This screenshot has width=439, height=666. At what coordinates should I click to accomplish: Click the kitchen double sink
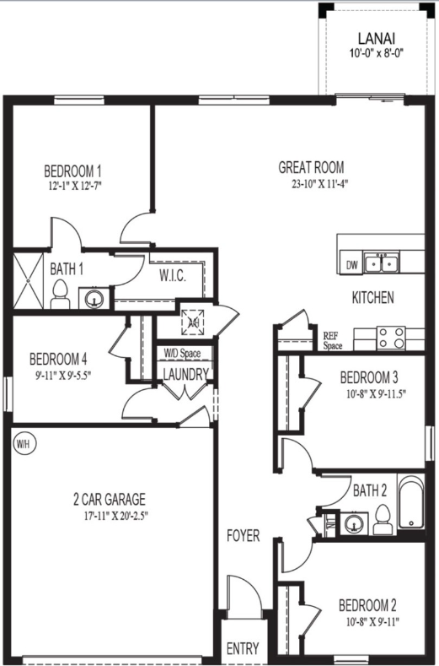point(383,263)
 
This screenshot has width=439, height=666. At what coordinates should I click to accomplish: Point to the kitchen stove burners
point(391,338)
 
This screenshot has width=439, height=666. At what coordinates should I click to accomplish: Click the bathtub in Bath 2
point(410,506)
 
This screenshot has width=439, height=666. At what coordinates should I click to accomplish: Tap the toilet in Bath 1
point(59,293)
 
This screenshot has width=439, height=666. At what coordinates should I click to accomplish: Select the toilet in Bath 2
point(381,521)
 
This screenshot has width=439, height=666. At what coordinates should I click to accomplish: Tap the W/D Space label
point(182,353)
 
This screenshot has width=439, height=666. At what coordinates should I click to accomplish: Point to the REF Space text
point(333,340)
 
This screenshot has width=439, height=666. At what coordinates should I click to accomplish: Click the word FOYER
point(243,536)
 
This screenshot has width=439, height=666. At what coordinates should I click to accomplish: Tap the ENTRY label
point(243,648)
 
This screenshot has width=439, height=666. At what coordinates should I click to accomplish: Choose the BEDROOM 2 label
point(367,604)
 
